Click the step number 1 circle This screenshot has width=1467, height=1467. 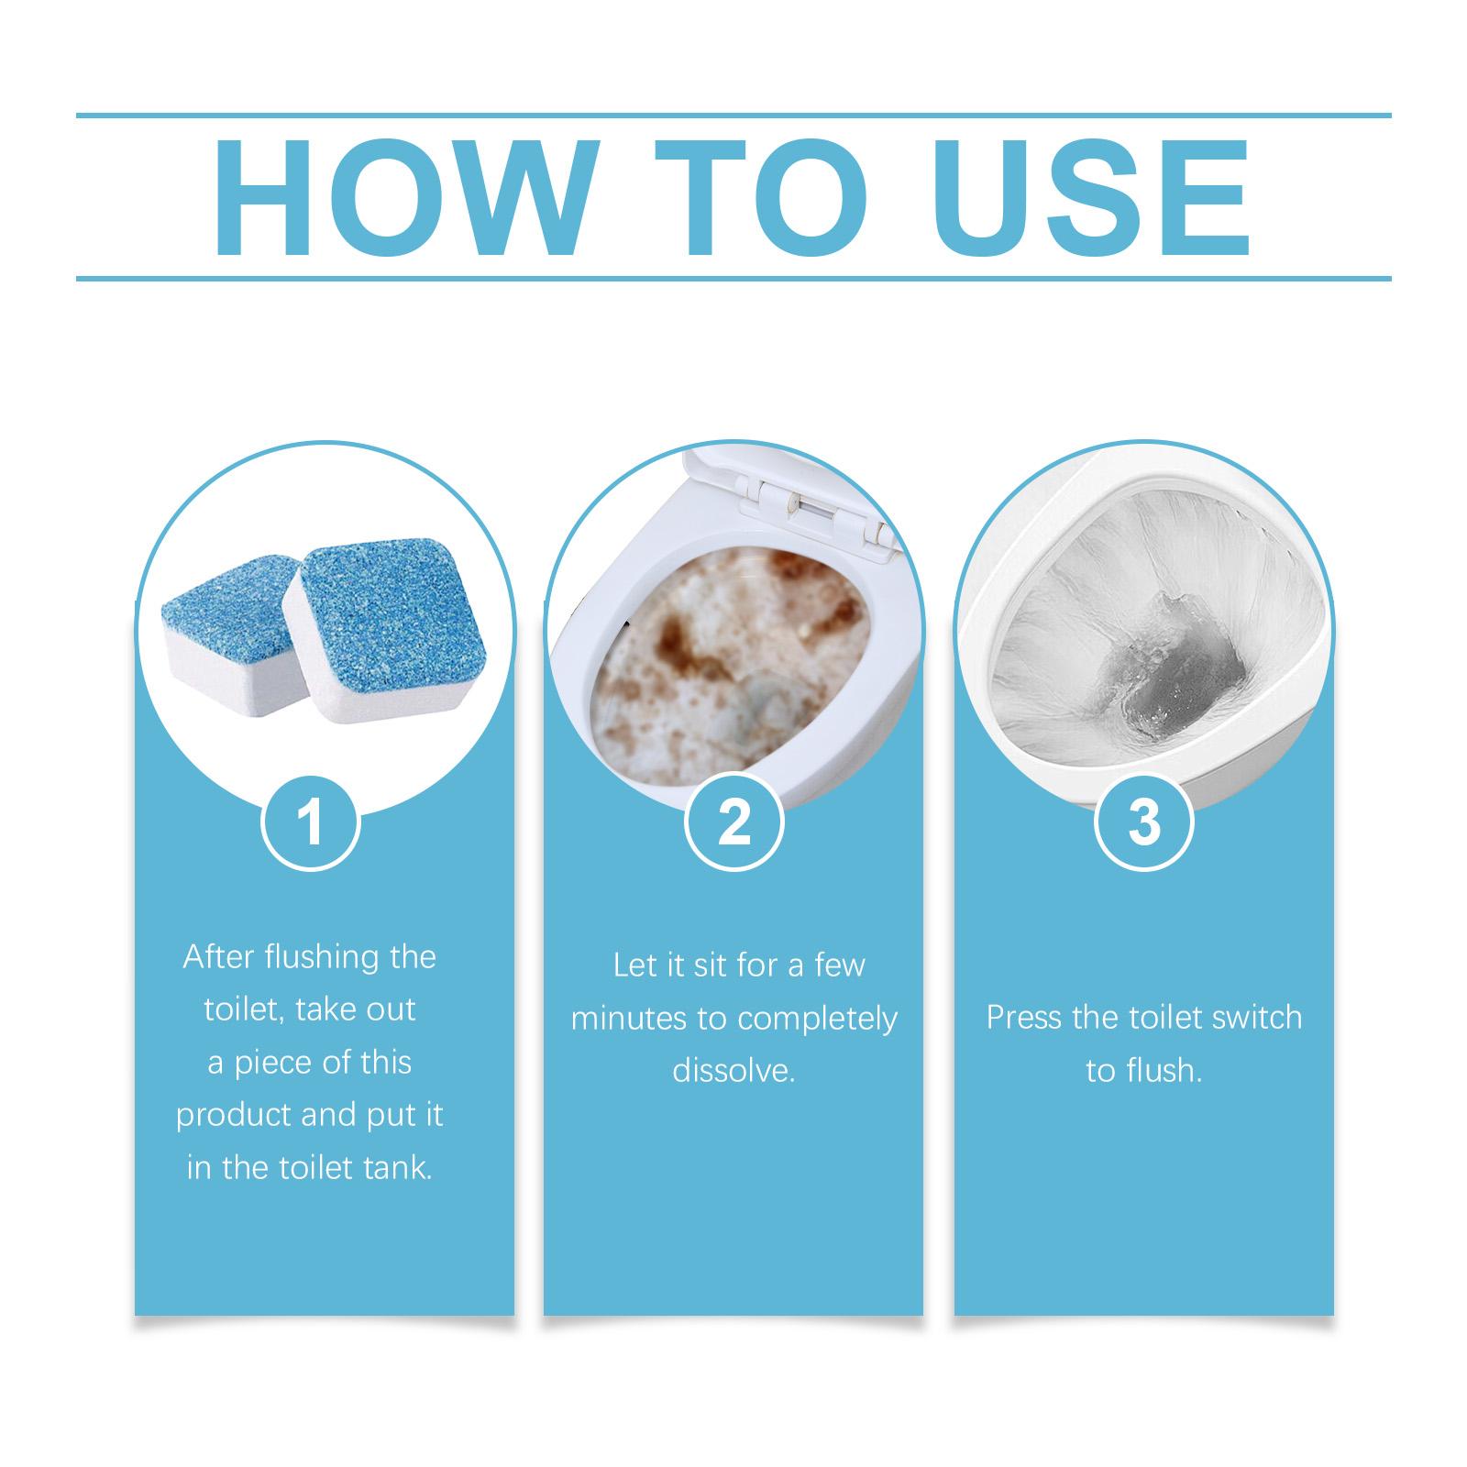[311, 822]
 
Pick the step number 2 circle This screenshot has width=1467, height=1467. [734, 822]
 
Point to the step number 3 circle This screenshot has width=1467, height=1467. [1144, 822]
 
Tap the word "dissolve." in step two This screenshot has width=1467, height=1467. [733, 1071]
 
